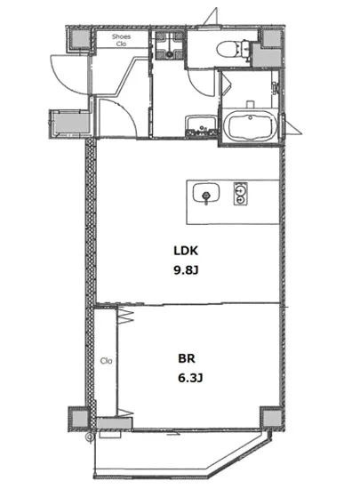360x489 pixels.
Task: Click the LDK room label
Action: (x=186, y=251)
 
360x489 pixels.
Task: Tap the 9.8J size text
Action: (x=186, y=270)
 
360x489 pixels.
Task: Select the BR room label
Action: (x=187, y=358)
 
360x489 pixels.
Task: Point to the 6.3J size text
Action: (x=190, y=378)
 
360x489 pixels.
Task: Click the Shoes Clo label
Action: (x=121, y=40)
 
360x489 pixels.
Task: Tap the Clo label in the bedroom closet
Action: (x=107, y=361)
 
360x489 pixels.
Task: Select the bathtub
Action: (x=251, y=125)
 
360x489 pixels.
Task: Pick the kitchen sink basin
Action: (x=206, y=193)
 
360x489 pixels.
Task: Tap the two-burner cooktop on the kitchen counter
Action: (x=240, y=194)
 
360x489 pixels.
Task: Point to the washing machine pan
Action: (x=169, y=46)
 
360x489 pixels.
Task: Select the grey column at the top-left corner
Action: (x=81, y=39)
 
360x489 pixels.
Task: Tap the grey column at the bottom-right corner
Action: (x=270, y=419)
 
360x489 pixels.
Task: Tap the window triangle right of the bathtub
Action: (x=292, y=125)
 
